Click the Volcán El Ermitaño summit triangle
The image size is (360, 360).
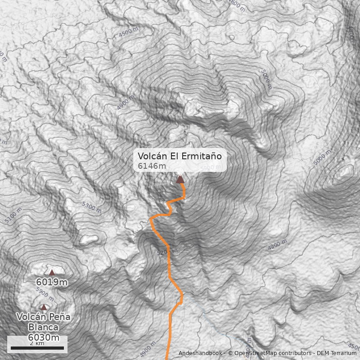pyautogui.click(x=180, y=180)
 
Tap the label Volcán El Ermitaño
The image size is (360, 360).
pyautogui.click(x=180, y=156)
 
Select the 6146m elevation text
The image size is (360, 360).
pyautogui.click(x=152, y=166)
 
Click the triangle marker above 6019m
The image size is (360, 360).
pyautogui.click(x=52, y=272)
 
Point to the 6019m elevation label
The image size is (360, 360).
pyautogui.click(x=52, y=283)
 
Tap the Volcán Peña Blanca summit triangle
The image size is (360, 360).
pyautogui.click(x=44, y=307)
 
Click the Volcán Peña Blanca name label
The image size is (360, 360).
pyautogui.click(x=43, y=322)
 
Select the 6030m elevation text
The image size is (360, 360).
pyautogui.click(x=44, y=337)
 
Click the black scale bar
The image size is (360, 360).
pyautogui.click(x=37, y=348)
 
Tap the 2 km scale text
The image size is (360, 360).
pyautogui.click(x=37, y=343)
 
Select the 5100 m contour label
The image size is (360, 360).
pyautogui.click(x=13, y=215)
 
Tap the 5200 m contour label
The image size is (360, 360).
pyautogui.click(x=166, y=252)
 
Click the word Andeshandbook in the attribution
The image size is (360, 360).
pyautogui.click(x=200, y=353)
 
